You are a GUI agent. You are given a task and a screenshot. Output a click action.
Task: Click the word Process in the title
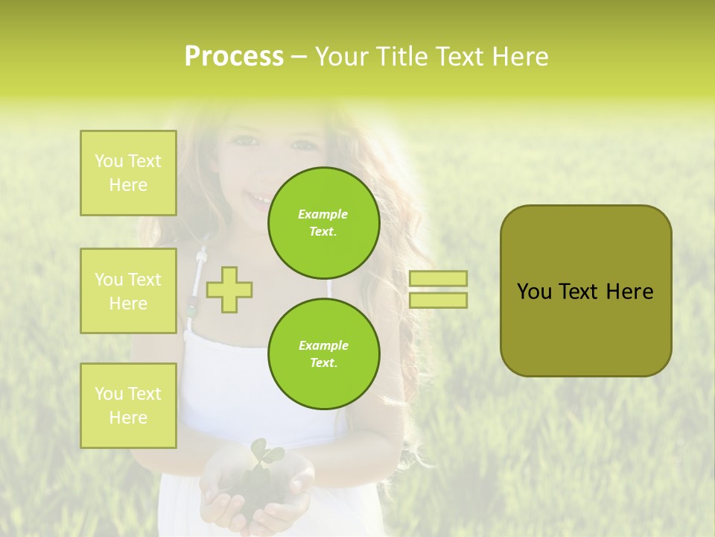[x=234, y=57]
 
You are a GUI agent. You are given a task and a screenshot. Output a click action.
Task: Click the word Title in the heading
[x=399, y=57]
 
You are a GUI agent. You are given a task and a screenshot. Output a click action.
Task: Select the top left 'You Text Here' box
[x=128, y=173]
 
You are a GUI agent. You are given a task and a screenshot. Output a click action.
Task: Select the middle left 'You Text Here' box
[x=128, y=291]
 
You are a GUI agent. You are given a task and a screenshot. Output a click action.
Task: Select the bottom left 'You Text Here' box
[x=128, y=406]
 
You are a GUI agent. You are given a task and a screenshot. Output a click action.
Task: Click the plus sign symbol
[x=229, y=290]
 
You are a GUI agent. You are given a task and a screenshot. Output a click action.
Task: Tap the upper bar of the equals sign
[x=438, y=278]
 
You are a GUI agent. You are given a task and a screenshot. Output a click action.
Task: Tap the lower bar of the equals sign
[x=438, y=301]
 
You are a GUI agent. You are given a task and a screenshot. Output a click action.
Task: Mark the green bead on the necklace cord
[x=191, y=307]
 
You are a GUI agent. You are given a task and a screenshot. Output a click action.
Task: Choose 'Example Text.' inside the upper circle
[x=323, y=222]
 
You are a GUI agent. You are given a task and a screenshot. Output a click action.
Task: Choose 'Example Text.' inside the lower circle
[x=323, y=354]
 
